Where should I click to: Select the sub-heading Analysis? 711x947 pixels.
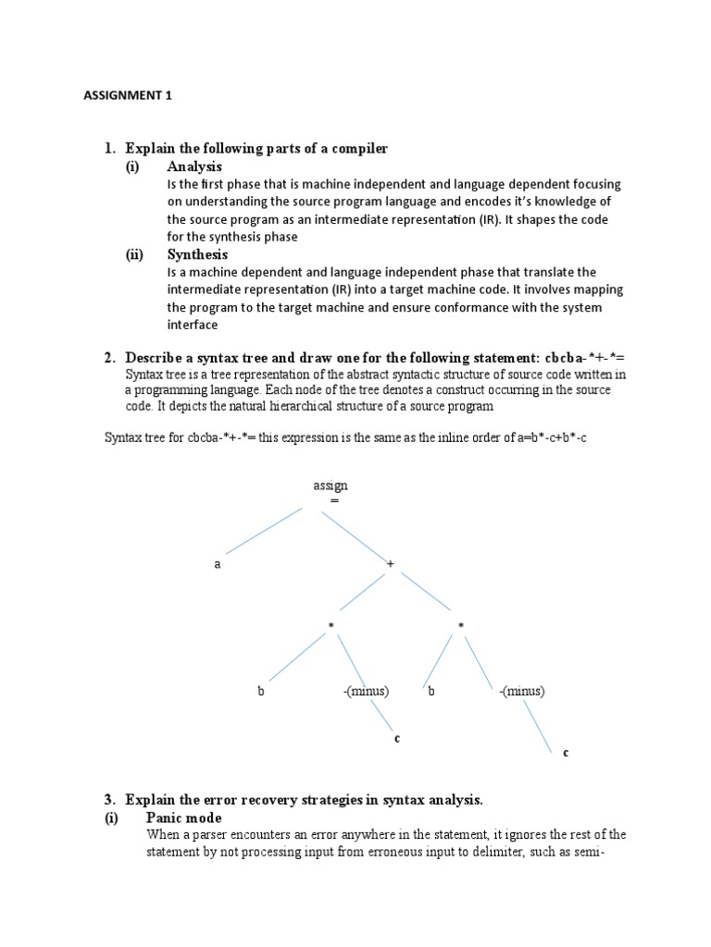(194, 166)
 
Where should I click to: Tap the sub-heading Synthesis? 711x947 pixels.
(197, 254)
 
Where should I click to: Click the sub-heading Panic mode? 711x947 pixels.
(183, 818)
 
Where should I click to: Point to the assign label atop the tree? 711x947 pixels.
(331, 486)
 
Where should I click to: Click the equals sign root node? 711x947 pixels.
(334, 500)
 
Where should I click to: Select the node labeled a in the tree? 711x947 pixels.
(218, 564)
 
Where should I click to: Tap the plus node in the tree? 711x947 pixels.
(391, 564)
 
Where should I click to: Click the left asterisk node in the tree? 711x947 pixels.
(331, 627)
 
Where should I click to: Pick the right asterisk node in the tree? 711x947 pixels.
(460, 627)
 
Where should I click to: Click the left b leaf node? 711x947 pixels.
(261, 691)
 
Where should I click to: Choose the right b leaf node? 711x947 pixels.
(431, 691)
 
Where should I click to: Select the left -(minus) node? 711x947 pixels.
(363, 691)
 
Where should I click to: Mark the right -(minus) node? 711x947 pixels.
(521, 691)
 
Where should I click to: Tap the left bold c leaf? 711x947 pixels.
(396, 738)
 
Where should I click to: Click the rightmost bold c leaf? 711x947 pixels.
(566, 753)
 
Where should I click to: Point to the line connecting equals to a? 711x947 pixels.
(269, 531)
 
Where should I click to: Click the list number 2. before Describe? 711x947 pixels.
(109, 357)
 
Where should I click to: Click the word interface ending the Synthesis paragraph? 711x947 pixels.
(193, 325)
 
